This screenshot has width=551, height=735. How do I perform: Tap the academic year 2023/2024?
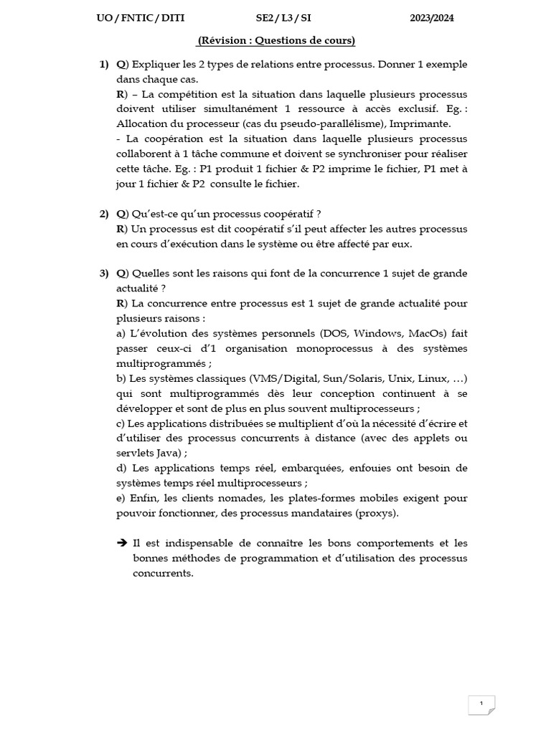[432, 19]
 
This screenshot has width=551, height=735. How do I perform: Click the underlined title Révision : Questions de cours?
[276, 41]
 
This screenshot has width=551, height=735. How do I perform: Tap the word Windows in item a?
[378, 333]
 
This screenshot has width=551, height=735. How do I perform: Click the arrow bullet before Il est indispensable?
[122, 543]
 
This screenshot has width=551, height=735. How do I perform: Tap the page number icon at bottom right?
[481, 704]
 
